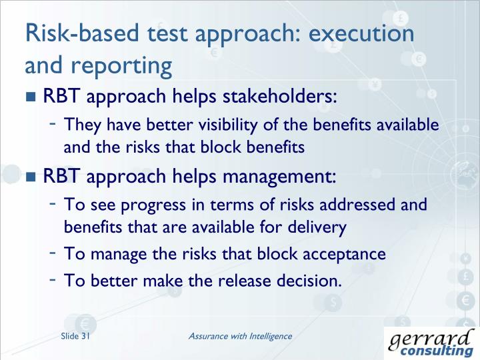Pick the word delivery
click(x=317, y=227)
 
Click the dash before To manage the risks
click(x=52, y=253)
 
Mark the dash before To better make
click(x=52, y=279)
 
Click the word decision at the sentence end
click(x=308, y=281)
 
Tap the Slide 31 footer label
click(x=75, y=337)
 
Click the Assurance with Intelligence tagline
click(x=240, y=336)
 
